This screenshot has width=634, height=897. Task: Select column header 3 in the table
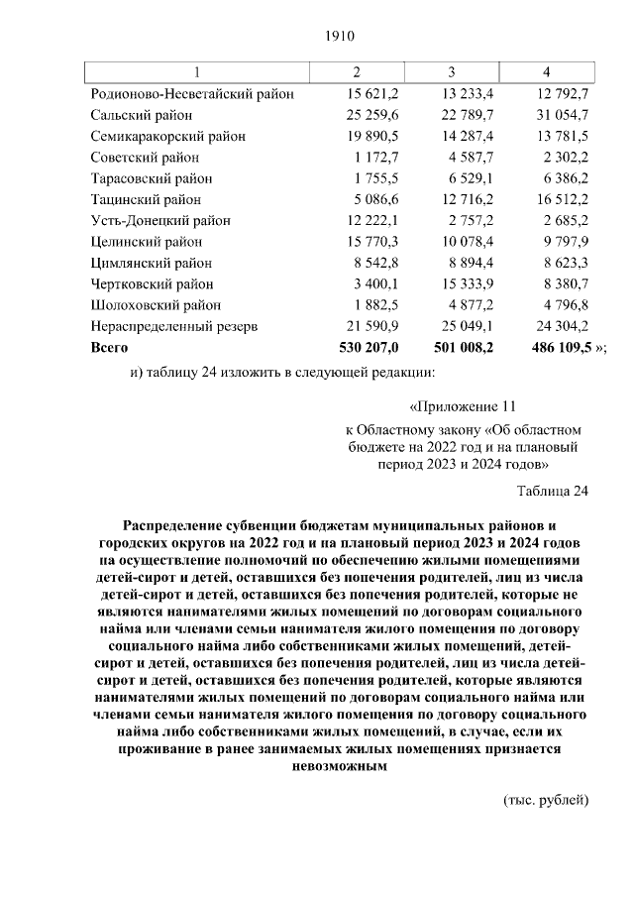tap(451, 72)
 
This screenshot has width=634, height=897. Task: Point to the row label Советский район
tap(145, 158)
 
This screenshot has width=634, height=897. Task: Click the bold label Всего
tap(109, 348)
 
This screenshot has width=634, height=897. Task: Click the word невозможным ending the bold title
tap(337, 766)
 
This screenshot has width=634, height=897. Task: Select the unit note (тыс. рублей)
tap(546, 800)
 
